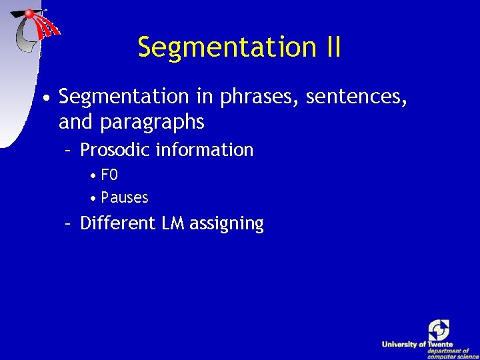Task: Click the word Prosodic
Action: (x=115, y=150)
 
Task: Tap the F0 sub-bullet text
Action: (x=109, y=175)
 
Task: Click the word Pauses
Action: (x=125, y=197)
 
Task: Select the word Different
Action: (x=117, y=223)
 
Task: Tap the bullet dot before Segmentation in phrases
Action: (x=44, y=99)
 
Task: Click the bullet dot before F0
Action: (x=94, y=176)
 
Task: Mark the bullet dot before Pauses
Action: (x=94, y=198)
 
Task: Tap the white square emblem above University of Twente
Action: (x=439, y=329)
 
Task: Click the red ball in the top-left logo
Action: (x=30, y=13)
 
